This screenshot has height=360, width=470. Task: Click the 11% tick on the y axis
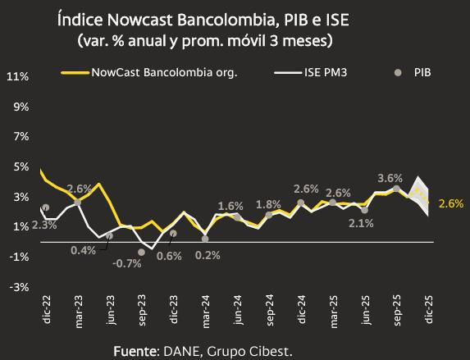[x=18, y=76]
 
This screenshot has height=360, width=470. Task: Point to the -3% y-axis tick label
[x=18, y=287]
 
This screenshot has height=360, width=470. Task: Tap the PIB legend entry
[x=420, y=72]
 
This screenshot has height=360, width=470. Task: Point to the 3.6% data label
[x=390, y=177]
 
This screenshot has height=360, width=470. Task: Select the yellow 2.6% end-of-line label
[x=451, y=203]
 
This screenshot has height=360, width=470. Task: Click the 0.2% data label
[x=208, y=255]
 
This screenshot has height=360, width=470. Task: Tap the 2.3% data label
[x=44, y=224]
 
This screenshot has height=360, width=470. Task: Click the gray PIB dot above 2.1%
[x=365, y=210]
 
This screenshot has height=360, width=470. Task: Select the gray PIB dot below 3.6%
[x=396, y=189]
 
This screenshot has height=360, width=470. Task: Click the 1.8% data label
[x=268, y=204]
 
